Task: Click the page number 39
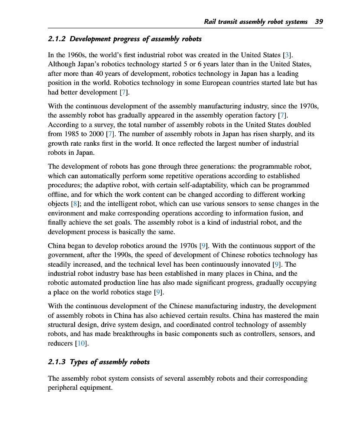pyautogui.click(x=319, y=21)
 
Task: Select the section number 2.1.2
pyautogui.click(x=57, y=39)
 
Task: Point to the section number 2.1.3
pyautogui.click(x=57, y=362)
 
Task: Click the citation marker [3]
pyautogui.click(x=287, y=55)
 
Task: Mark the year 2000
pyautogui.click(x=96, y=134)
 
